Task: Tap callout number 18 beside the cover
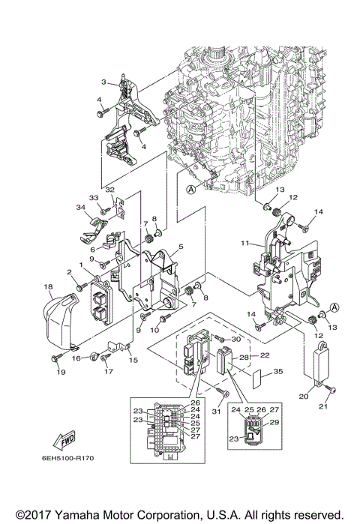click(x=46, y=287)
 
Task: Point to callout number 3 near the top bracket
click(x=104, y=82)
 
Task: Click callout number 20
click(x=304, y=397)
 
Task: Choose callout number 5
click(x=181, y=247)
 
